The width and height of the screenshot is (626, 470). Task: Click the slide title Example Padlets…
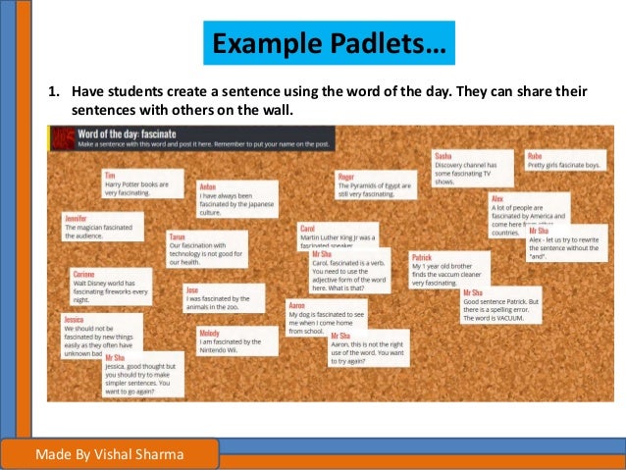(329, 44)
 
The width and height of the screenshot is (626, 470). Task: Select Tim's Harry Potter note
(143, 183)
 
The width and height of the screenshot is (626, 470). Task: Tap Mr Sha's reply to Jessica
(143, 373)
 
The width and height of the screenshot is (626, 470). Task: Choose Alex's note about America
(529, 211)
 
